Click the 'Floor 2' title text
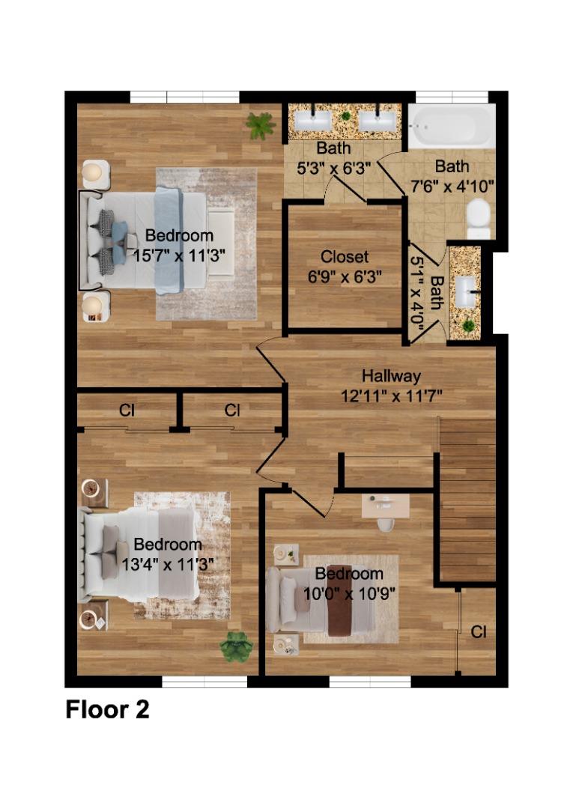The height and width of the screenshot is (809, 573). (x=107, y=709)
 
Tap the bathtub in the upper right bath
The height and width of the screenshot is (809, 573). (x=451, y=127)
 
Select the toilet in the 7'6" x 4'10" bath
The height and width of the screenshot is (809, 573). (x=478, y=217)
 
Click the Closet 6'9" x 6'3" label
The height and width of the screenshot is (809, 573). (x=345, y=266)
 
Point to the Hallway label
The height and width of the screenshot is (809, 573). (x=391, y=376)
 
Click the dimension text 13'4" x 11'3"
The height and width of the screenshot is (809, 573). (x=168, y=563)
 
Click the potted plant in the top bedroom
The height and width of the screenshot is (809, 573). (x=260, y=125)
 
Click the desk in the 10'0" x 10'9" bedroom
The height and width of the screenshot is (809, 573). (x=385, y=506)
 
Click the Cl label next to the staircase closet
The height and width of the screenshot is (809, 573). (x=478, y=631)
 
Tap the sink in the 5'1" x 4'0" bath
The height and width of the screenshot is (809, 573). (x=467, y=286)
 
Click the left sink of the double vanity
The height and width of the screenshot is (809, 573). (x=312, y=120)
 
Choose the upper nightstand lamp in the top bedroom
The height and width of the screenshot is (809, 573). (x=93, y=173)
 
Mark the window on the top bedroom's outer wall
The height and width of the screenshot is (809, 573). (x=184, y=97)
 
